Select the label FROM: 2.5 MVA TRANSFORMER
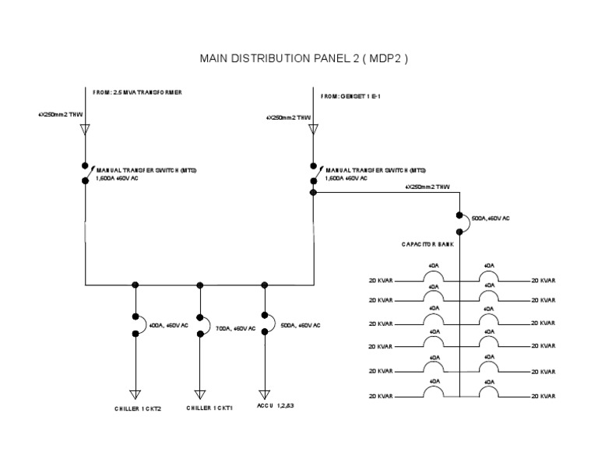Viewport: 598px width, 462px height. tap(137, 92)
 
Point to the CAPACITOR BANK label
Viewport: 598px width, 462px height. tap(427, 244)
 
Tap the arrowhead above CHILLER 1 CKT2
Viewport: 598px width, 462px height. tap(135, 394)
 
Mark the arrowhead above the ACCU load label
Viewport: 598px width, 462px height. tap(266, 394)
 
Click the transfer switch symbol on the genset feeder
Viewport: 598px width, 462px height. tap(315, 173)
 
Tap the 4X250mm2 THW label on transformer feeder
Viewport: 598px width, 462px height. tap(60, 114)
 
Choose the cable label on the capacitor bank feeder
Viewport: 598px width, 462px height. tap(427, 187)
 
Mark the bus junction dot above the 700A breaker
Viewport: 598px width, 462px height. tap(200, 285)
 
